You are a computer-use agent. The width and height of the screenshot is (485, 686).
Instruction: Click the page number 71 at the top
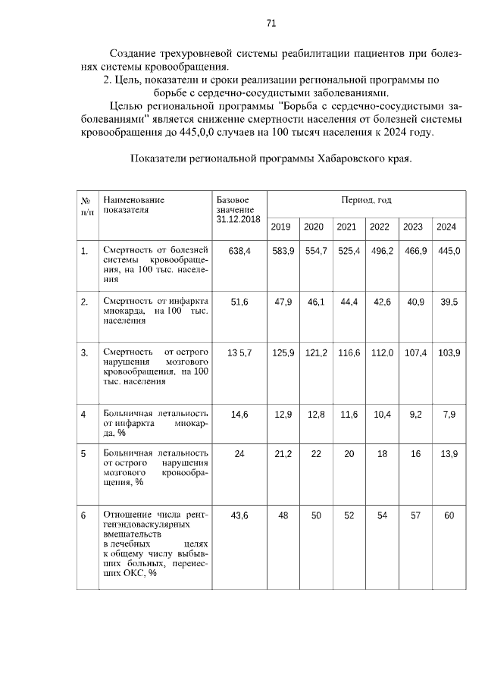tap(271, 23)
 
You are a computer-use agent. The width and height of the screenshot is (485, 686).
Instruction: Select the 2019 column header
tap(280, 227)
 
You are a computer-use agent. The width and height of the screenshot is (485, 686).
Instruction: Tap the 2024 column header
tap(446, 227)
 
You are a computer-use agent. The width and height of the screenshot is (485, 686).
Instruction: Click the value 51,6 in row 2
tap(239, 302)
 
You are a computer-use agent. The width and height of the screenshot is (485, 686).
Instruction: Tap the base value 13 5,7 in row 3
tap(239, 352)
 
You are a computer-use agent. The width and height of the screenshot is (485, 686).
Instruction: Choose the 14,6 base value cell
tap(239, 414)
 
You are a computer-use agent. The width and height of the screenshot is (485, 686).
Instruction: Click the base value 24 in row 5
tap(239, 453)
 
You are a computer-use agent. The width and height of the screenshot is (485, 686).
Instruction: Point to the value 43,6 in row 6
tap(239, 515)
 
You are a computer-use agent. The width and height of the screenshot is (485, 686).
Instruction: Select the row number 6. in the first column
tap(83, 515)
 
